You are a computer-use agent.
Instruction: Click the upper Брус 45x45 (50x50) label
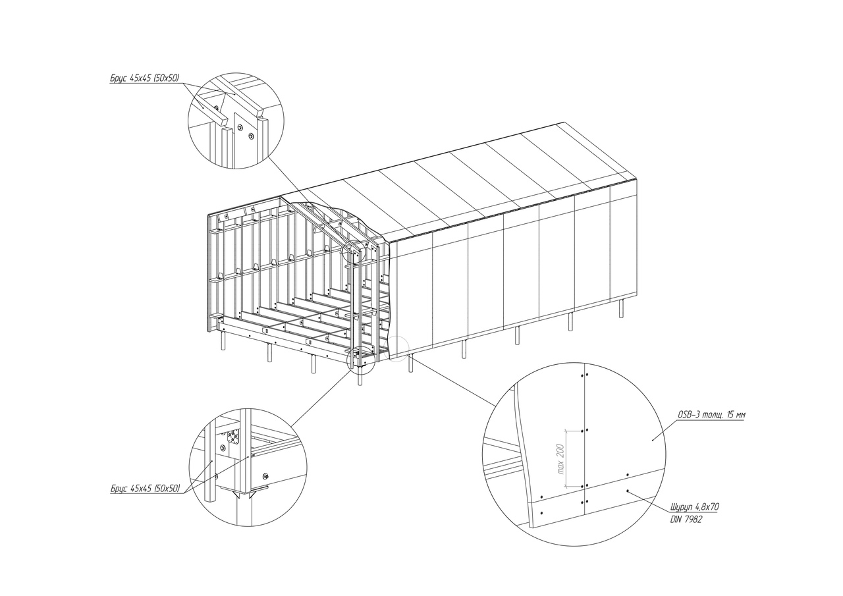(x=145, y=78)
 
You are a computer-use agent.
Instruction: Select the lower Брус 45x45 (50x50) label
(x=146, y=489)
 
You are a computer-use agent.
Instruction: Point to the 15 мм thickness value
(x=734, y=415)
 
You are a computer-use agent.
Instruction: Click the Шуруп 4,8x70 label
(x=695, y=507)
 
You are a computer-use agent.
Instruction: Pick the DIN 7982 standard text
(x=686, y=520)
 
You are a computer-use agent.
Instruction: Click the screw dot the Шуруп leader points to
(x=628, y=491)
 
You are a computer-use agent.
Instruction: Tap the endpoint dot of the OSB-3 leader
(x=652, y=439)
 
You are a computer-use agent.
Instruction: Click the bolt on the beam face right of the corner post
(x=266, y=476)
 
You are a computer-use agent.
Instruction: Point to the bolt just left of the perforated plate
(x=223, y=447)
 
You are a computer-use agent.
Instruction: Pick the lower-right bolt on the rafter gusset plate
(x=252, y=135)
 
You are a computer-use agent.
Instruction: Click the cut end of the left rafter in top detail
(x=221, y=120)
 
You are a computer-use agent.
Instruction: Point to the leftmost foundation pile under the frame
(x=224, y=340)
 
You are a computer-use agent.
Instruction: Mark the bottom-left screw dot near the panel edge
(x=541, y=513)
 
